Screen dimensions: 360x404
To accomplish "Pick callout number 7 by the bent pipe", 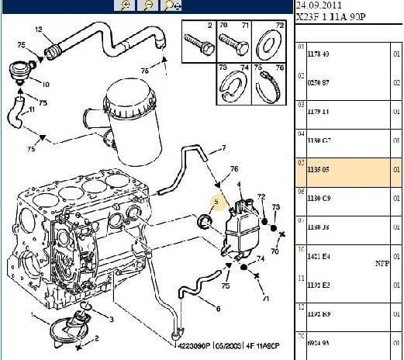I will click(223, 148).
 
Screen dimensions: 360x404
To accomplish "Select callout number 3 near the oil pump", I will click(111, 319).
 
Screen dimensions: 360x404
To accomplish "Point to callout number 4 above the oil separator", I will click(240, 184).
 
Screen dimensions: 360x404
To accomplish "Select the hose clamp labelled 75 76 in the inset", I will click(272, 84).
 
